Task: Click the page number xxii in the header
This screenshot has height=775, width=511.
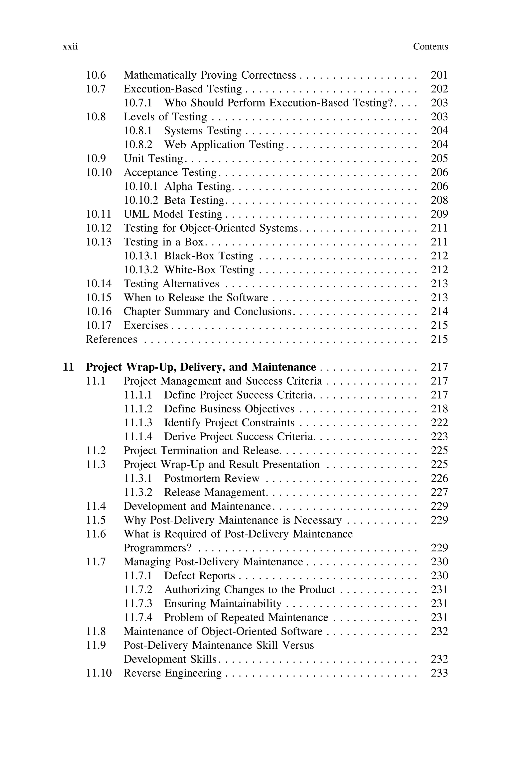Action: (x=70, y=47)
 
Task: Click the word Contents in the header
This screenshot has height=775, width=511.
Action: (x=430, y=47)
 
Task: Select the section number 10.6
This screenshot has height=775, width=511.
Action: (x=96, y=75)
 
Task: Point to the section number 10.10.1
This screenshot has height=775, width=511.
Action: (x=140, y=186)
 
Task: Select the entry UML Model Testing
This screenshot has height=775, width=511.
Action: (x=172, y=214)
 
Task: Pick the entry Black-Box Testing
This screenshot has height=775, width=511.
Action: (x=208, y=256)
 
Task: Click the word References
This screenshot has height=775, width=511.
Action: (x=111, y=339)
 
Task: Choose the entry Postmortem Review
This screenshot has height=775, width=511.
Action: (x=212, y=478)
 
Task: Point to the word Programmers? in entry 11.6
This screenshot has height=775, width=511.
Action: (x=157, y=548)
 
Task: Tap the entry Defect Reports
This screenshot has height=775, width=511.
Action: (x=199, y=576)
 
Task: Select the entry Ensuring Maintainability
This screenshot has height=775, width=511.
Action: (x=222, y=604)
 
